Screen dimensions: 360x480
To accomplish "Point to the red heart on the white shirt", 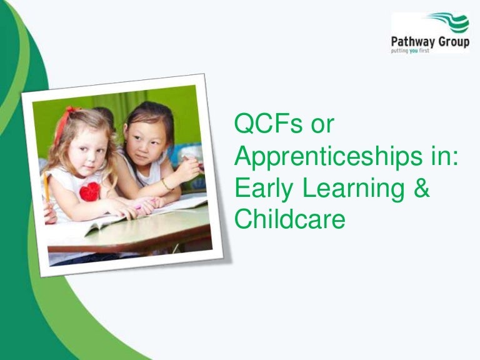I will pos(90,191).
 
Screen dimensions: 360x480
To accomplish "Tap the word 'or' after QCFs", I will pos(319,125).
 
